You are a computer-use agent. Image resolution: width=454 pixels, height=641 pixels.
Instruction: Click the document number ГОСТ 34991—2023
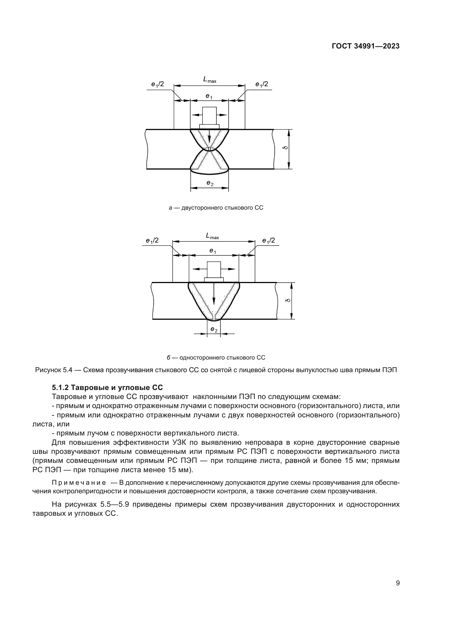(x=366, y=46)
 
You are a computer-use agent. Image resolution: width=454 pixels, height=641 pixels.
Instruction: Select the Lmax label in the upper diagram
(x=209, y=80)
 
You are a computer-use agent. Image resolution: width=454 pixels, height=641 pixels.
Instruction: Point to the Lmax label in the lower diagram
(x=212, y=236)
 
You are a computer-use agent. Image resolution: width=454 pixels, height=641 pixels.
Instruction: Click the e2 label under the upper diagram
(x=210, y=183)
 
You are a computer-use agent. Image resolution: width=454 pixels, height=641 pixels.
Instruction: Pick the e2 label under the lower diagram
(x=214, y=330)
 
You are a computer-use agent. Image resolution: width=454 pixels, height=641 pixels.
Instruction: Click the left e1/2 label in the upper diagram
(x=158, y=84)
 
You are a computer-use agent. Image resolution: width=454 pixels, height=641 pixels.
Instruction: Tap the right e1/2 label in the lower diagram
(x=269, y=241)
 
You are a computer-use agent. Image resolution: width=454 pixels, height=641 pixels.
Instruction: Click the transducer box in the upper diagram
(x=209, y=116)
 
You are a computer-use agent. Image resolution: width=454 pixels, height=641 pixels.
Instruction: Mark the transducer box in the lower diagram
(x=214, y=270)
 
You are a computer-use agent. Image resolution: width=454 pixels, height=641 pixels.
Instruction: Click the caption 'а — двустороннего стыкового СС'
(x=216, y=208)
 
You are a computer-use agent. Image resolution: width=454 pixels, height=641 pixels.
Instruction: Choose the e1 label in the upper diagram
(x=209, y=96)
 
